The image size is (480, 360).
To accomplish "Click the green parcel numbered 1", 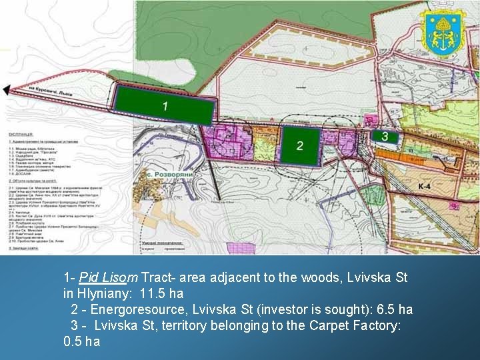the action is pos(165,105).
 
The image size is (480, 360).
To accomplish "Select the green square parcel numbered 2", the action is pos(299,145).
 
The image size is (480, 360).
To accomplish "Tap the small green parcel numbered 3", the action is pos(386,136).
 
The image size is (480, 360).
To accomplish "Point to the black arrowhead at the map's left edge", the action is pos(7,90).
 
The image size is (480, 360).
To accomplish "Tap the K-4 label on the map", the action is pos(425,186).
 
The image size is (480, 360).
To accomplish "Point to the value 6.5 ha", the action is pos(395,309).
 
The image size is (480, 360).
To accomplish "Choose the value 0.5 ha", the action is pos(81,341).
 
